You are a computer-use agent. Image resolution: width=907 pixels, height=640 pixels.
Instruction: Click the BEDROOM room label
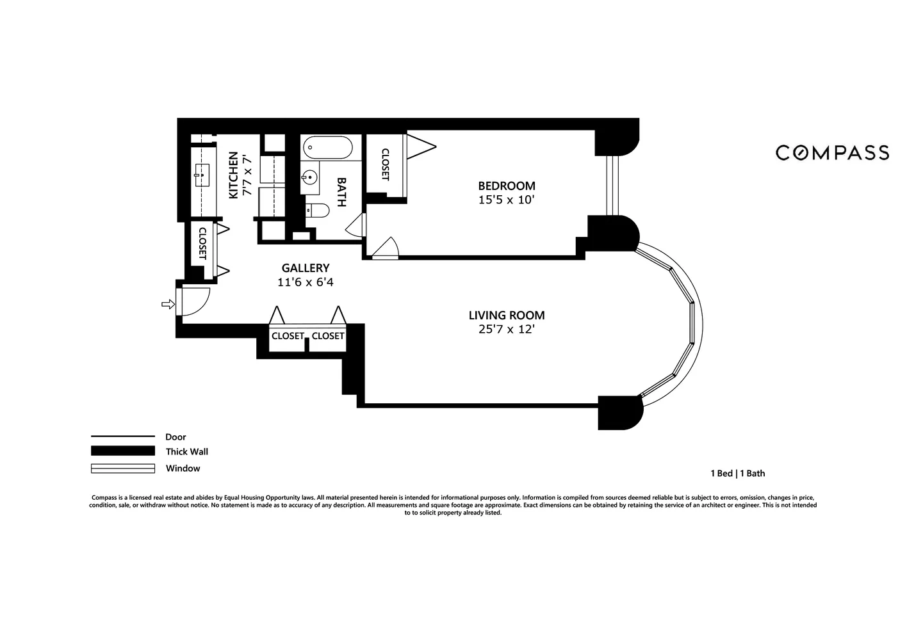click(x=506, y=186)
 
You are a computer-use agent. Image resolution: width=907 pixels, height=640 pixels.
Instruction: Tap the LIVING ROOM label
click(x=506, y=315)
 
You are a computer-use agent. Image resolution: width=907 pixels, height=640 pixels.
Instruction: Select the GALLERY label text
click(x=306, y=268)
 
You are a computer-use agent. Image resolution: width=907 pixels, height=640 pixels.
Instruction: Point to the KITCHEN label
click(x=233, y=175)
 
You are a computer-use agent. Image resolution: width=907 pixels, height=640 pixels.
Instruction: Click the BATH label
click(x=341, y=192)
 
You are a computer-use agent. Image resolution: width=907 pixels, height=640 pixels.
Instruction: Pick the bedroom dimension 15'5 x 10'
click(x=506, y=200)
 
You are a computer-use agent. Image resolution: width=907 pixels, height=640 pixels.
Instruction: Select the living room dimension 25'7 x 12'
click(x=506, y=330)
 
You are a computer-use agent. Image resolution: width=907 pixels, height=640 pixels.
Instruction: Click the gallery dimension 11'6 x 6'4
click(x=306, y=282)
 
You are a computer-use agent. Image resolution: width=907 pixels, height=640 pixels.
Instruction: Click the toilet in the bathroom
click(x=317, y=210)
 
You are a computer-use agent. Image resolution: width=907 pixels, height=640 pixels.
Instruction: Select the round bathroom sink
click(x=310, y=177)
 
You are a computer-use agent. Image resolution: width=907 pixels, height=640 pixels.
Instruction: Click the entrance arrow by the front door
click(x=168, y=305)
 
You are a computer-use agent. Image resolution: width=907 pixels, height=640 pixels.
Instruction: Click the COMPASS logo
click(x=832, y=152)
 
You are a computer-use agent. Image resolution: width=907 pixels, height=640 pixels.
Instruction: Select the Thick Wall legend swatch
click(x=123, y=451)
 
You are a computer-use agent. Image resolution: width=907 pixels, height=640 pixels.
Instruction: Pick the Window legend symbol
click(x=123, y=468)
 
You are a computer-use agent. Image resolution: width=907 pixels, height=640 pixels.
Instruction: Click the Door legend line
click(x=123, y=436)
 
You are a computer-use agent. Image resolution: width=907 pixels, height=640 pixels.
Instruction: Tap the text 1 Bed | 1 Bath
click(x=737, y=474)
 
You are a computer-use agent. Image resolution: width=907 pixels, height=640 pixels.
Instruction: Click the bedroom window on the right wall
click(x=614, y=186)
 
